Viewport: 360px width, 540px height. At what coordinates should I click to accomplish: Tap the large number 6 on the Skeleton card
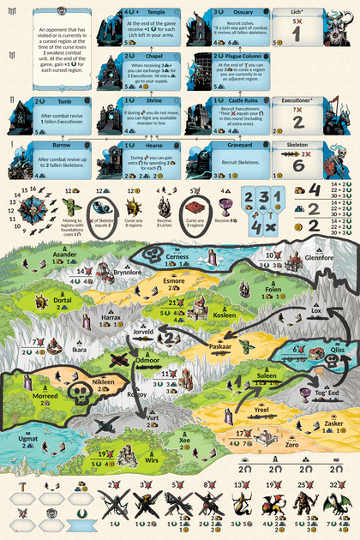tap(298, 165)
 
